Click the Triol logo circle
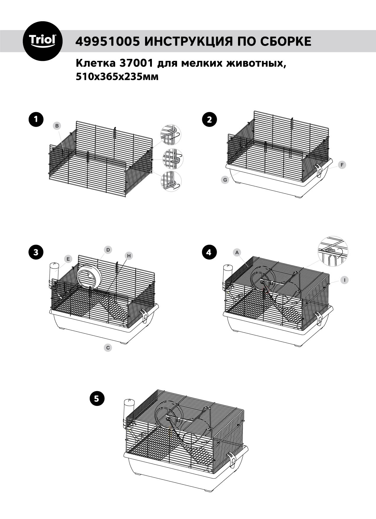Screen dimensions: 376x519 (43, 41)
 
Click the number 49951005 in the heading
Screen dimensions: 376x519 (107, 42)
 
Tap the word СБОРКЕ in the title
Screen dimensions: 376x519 (286, 42)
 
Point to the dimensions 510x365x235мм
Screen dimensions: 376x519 (117, 77)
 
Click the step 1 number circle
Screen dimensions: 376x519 (36, 120)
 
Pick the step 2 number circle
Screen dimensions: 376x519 (209, 120)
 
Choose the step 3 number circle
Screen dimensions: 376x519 (36, 252)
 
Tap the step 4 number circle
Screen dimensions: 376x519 (209, 252)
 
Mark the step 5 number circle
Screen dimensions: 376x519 (97, 398)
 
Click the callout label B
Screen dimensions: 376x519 (57, 126)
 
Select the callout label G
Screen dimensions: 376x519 (225, 180)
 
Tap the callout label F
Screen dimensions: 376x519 (342, 165)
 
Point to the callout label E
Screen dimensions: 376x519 (68, 259)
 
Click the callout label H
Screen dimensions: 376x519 (129, 256)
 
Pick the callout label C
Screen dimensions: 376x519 (108, 348)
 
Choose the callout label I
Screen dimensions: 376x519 (344, 280)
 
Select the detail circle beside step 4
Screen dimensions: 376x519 (333, 251)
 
